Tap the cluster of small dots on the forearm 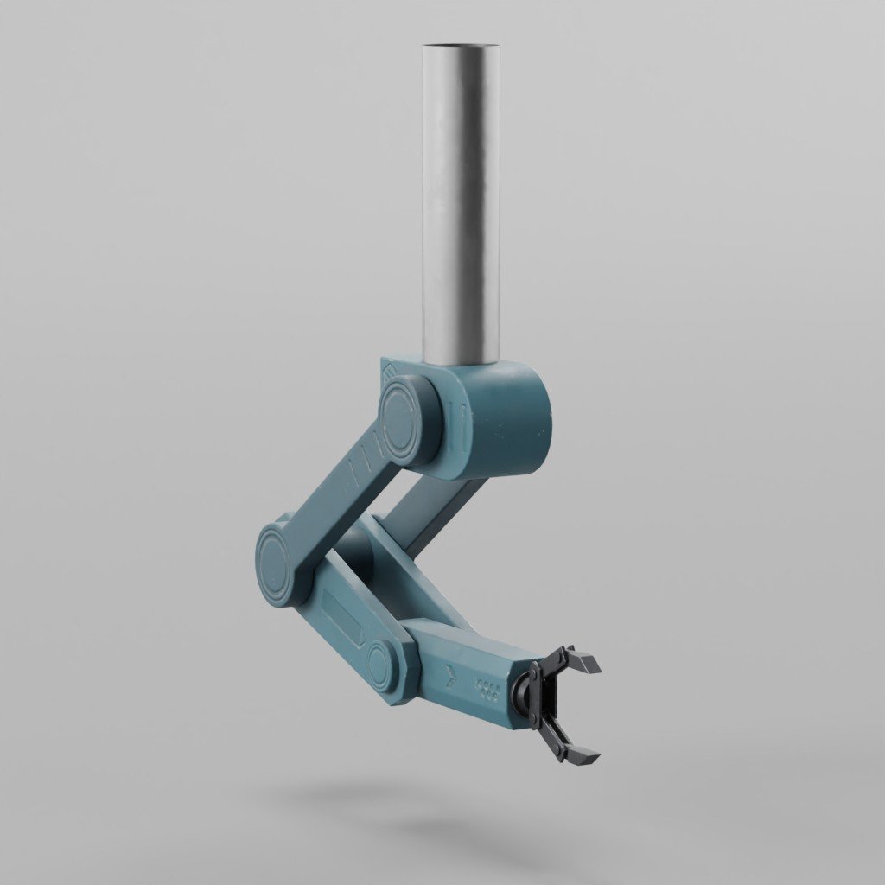point(488,690)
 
